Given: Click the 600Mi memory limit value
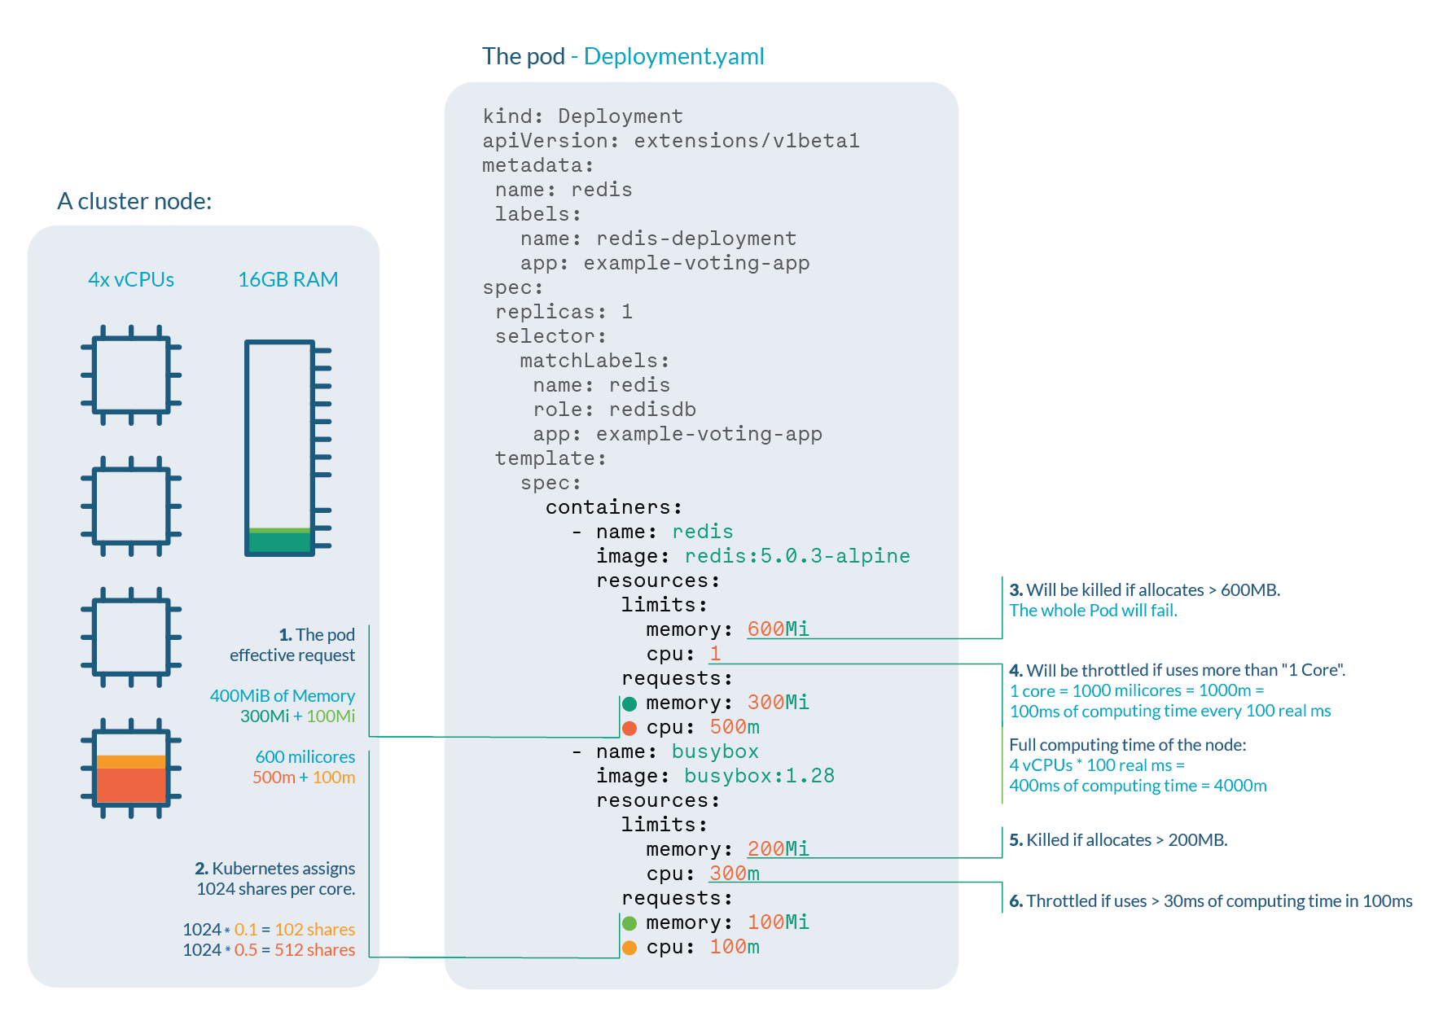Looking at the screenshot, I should pyautogui.click(x=778, y=629).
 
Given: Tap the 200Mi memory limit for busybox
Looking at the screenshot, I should pyautogui.click(x=778, y=848).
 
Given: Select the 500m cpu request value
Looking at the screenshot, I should pyautogui.click(x=734, y=726).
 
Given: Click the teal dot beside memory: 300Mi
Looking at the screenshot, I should pyautogui.click(x=629, y=703).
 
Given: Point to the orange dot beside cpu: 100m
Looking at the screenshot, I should pyautogui.click(x=629, y=948).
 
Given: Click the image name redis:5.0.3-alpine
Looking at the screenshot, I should pyautogui.click(x=796, y=555).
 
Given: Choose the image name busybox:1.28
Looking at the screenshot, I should pyautogui.click(x=759, y=775).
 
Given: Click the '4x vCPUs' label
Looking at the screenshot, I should pyautogui.click(x=131, y=279).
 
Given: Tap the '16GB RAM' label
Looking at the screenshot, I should pyautogui.click(x=287, y=279).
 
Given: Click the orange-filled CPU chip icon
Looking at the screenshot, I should pyautogui.click(x=131, y=769).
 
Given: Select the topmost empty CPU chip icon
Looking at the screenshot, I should pyautogui.click(x=131, y=375).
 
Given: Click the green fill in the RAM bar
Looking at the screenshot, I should pyautogui.click(x=279, y=540).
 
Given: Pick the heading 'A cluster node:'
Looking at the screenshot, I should pyautogui.click(x=134, y=201).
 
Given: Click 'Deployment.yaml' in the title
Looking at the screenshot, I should pyautogui.click(x=673, y=56).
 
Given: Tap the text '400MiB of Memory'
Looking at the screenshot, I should pyautogui.click(x=282, y=695).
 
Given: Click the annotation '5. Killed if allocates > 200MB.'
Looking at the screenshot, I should pyautogui.click(x=1117, y=839).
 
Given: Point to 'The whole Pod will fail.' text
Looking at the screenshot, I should pyautogui.click(x=1093, y=610).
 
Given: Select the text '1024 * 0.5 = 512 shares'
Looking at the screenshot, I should pyautogui.click(x=269, y=949).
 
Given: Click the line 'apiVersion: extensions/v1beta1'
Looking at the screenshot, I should pyautogui.click(x=670, y=141).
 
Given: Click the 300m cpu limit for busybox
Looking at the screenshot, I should pyautogui.click(x=734, y=873).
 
